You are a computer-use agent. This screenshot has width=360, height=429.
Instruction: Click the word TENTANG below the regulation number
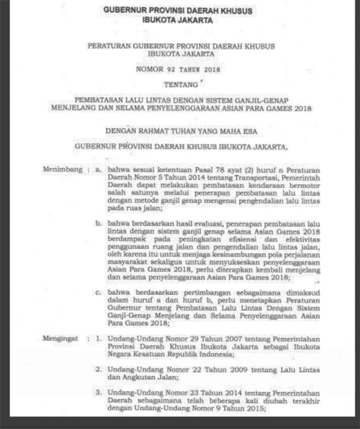coord(180,85)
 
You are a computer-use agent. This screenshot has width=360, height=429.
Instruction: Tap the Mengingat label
coord(61,338)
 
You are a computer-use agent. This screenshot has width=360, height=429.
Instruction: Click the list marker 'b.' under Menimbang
coord(99,223)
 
